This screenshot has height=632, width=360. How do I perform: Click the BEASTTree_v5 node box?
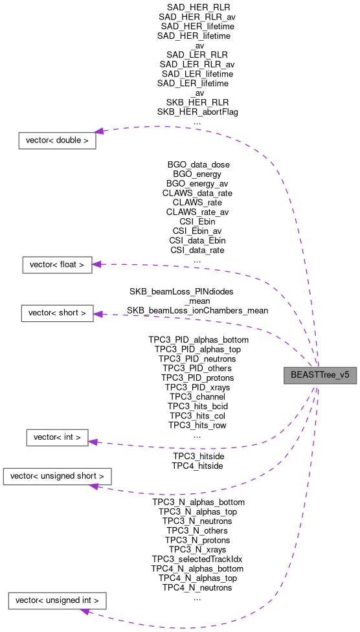coord(320,375)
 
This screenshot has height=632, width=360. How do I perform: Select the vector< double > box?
coord(57,140)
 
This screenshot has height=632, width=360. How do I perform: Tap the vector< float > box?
coord(57,265)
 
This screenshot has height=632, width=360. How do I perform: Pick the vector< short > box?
coord(57,313)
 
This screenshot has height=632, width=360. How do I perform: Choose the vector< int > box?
coord(57,438)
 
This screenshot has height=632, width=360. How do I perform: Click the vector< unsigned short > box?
coord(57,477)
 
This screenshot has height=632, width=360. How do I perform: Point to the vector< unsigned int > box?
coord(57,601)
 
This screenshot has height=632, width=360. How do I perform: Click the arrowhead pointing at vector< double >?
coord(100,131)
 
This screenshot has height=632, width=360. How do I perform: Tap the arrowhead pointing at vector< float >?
coord(96,264)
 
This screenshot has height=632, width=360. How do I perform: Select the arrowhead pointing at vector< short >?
coord(98,314)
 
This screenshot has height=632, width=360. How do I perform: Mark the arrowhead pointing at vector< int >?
coord(93,442)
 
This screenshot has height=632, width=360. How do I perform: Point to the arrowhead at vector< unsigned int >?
coord(84,610)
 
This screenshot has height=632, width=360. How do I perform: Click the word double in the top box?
coord(69,140)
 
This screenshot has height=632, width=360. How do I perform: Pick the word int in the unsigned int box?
coord(86,601)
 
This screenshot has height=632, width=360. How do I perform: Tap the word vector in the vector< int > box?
coord(45,438)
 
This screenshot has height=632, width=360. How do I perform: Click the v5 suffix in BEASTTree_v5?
coord(344,375)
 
